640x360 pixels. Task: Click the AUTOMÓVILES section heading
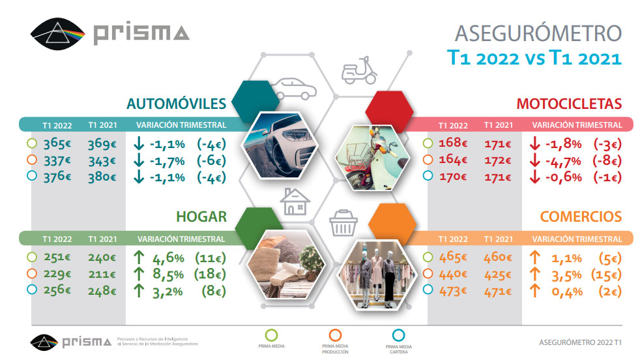pos(176,103)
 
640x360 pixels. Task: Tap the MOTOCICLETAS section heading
pos(569,103)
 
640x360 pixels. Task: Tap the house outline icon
pos(294,202)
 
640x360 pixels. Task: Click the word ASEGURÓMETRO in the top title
pos(538,33)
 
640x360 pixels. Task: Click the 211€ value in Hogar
pos(102,275)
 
